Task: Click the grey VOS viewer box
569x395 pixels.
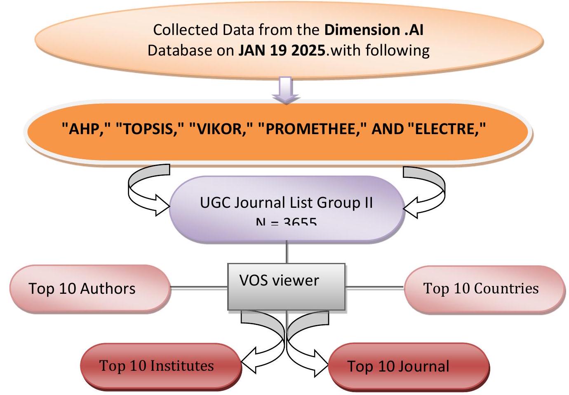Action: (x=286, y=286)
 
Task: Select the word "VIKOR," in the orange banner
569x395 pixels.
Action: (x=221, y=129)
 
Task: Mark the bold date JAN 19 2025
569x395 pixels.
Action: (x=282, y=50)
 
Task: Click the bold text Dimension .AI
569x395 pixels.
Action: (x=374, y=30)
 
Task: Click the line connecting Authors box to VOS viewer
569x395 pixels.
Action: (x=199, y=287)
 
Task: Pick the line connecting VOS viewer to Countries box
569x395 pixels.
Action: (x=374, y=287)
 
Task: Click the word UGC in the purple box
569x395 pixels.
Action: (x=215, y=202)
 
